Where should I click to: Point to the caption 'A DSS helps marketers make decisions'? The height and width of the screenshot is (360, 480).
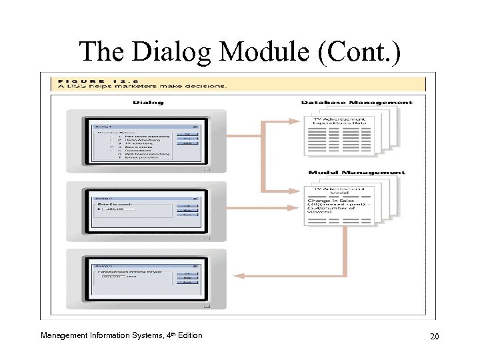tap(141, 86)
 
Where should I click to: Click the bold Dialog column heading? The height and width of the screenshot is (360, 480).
tap(148, 102)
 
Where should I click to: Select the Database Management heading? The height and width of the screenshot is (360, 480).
tap(357, 102)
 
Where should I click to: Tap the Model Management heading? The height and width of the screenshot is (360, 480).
tap(357, 173)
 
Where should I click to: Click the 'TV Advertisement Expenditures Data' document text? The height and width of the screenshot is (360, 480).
tap(335, 122)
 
